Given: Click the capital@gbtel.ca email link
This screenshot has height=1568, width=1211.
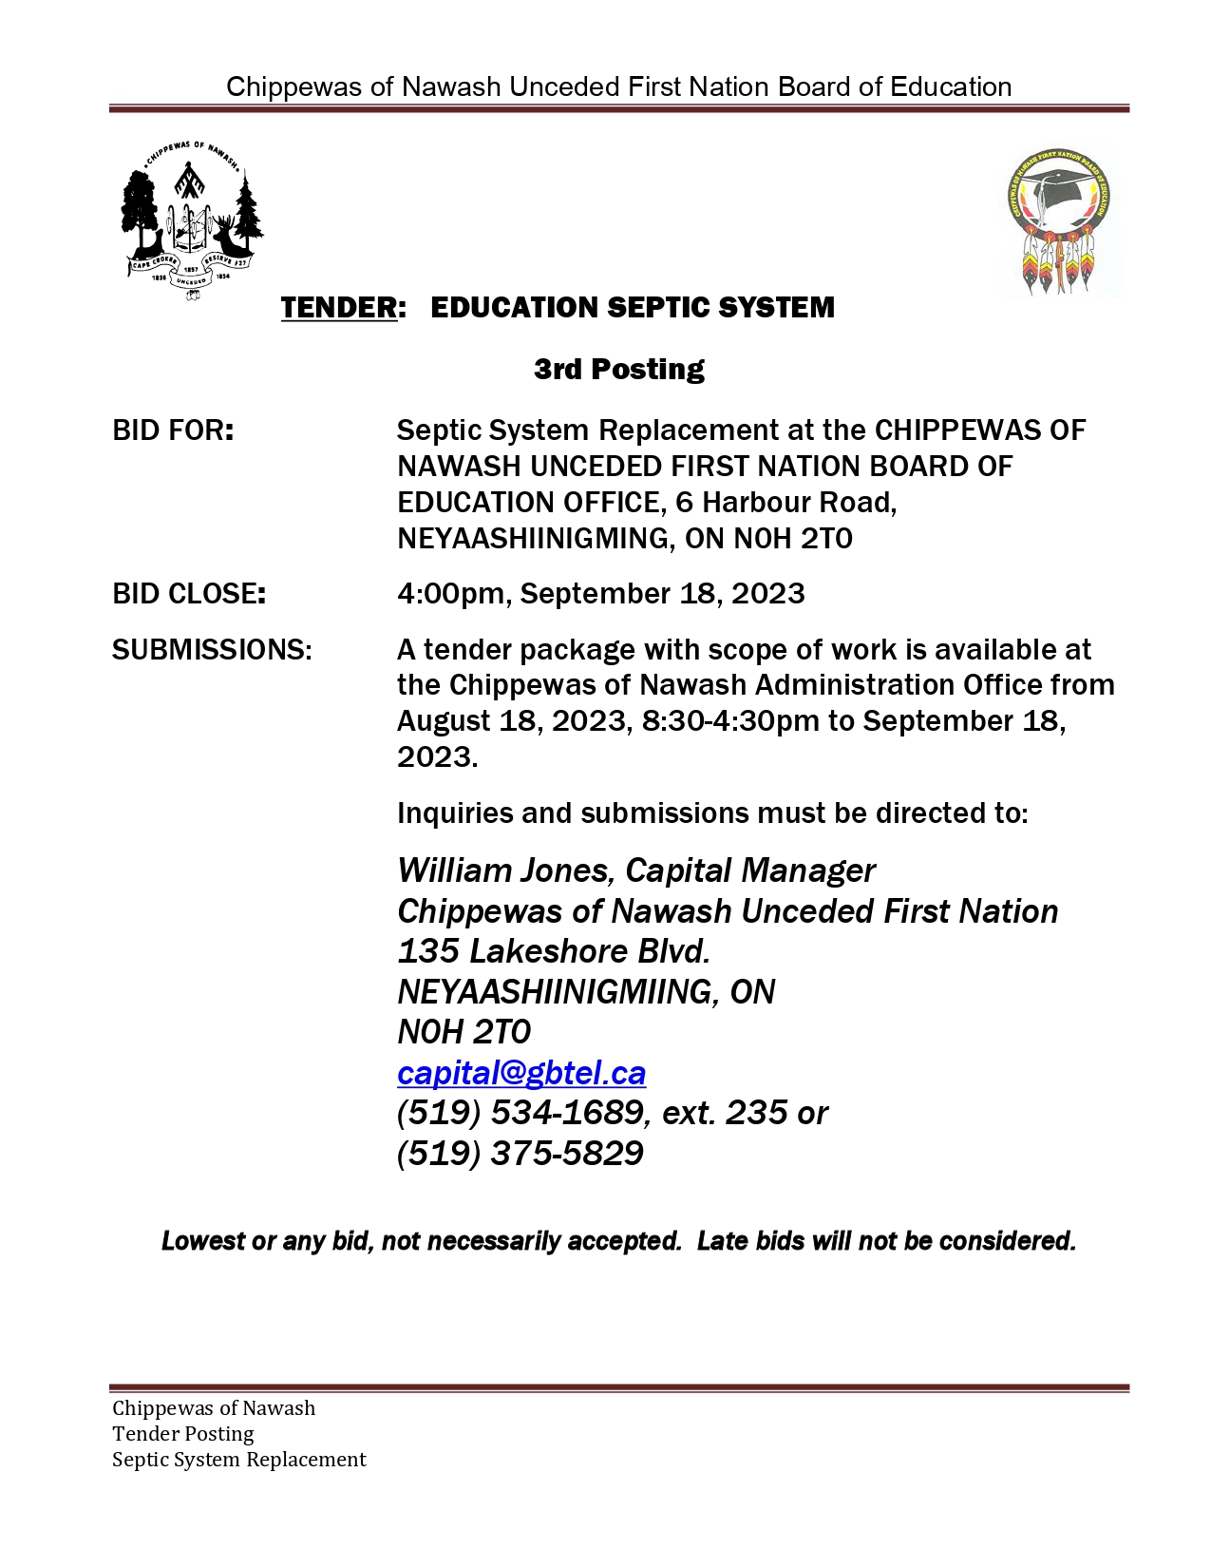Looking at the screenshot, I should (x=521, y=1073).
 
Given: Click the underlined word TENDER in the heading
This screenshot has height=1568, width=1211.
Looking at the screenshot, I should (x=339, y=308).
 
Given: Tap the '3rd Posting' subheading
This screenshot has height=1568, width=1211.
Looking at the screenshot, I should (x=618, y=369).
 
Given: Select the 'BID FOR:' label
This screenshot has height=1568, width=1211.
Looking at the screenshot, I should (x=173, y=430).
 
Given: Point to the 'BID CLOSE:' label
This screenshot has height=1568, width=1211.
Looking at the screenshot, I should (x=189, y=594).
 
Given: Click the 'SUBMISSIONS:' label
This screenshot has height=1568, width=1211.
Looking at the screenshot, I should (x=212, y=650).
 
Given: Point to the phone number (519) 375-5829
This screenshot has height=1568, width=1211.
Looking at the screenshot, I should (x=520, y=1154).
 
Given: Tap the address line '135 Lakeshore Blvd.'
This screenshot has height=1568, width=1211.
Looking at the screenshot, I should (x=554, y=951).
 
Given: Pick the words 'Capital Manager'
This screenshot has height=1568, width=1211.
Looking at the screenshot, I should (x=750, y=870).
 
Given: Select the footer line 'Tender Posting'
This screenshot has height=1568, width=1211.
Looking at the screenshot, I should (x=183, y=1434).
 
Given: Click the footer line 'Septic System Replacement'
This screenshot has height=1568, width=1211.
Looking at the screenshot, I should (x=239, y=1460).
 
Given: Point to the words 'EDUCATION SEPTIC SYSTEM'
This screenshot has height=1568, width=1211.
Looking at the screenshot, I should (x=633, y=308).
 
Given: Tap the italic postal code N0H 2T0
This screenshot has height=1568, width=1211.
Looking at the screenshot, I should (x=464, y=1032).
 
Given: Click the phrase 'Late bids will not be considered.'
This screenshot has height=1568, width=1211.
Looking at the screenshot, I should (x=886, y=1241).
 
